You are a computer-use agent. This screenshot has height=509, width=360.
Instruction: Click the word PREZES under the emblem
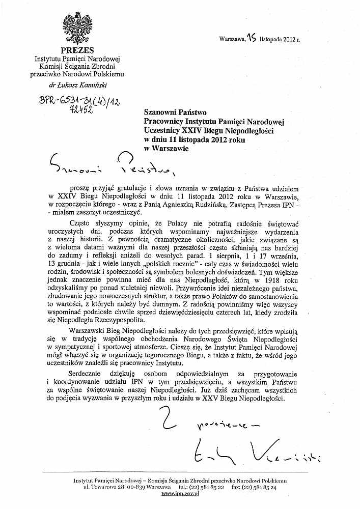pos(77,50)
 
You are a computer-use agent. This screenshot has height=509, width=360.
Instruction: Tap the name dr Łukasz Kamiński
pos(77,85)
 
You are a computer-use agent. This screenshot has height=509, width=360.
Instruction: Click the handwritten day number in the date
pos(251,37)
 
